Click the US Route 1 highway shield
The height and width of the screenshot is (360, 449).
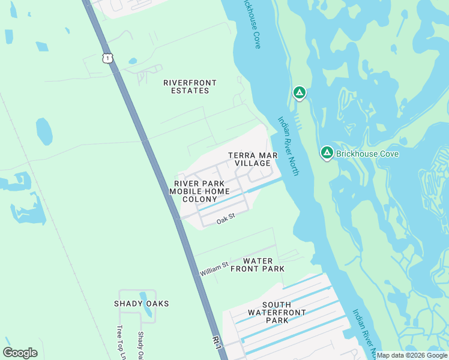(107, 58)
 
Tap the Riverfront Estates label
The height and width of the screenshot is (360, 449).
(190, 86)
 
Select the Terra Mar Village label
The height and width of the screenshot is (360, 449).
(253, 159)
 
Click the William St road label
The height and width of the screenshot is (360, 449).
(214, 269)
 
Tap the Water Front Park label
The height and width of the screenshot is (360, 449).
(258, 265)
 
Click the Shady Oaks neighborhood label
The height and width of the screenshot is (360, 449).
(142, 304)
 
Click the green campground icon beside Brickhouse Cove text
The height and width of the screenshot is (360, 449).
(327, 153)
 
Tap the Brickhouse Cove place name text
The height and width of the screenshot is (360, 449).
(367, 154)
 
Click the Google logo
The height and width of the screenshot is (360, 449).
(20, 353)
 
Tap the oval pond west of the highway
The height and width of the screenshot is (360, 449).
(44, 131)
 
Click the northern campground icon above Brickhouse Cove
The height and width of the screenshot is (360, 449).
(299, 93)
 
